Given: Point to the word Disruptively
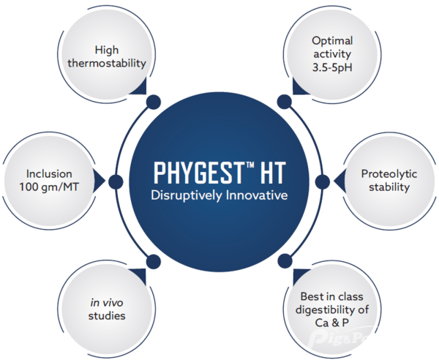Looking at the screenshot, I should [x=184, y=195].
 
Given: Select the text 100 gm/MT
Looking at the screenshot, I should [x=50, y=187].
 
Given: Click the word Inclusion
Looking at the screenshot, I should [x=50, y=174].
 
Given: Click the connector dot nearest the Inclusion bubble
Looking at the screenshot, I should [x=114, y=181].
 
